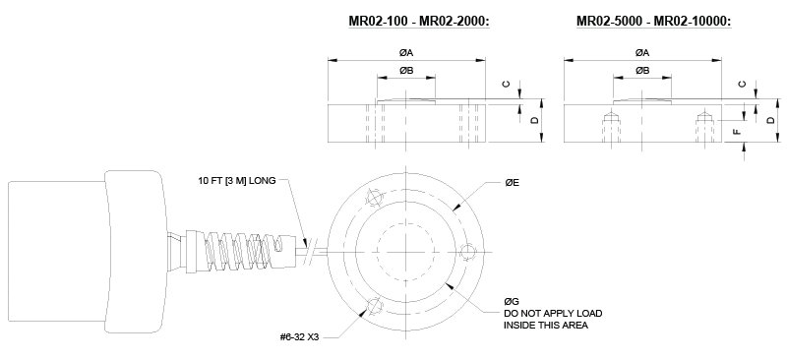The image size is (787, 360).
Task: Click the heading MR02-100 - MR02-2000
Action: click(x=419, y=22)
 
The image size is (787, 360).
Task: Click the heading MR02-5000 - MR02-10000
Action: click(x=654, y=22)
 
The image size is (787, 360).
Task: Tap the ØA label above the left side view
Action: click(x=406, y=53)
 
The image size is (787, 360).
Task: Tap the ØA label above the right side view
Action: click(x=642, y=53)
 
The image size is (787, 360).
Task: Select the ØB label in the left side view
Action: click(x=406, y=71)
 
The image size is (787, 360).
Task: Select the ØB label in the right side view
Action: click(x=642, y=71)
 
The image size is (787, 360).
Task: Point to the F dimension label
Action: click(x=737, y=132)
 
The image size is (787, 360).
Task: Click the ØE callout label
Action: click(x=512, y=183)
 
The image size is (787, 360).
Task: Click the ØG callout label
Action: click(x=512, y=302)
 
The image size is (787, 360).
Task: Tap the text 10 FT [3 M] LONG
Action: click(x=237, y=181)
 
